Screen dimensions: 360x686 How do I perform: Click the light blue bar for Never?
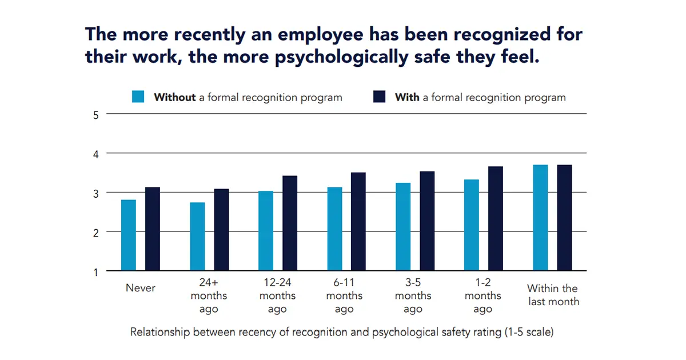[129, 235]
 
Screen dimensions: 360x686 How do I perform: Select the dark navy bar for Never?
[153, 229]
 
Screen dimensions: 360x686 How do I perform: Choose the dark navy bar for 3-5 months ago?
[427, 221]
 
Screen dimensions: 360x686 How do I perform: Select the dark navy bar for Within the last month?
[564, 217]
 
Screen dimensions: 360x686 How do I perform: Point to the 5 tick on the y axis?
[95, 114]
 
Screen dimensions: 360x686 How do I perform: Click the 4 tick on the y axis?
[95, 154]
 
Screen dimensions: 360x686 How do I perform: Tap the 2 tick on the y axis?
[95, 233]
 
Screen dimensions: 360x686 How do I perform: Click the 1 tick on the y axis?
[95, 271]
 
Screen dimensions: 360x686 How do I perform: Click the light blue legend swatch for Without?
[138, 97]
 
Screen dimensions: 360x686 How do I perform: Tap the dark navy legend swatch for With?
[379, 97]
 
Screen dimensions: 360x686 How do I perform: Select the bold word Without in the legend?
[174, 97]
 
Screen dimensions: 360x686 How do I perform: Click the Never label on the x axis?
[140, 288]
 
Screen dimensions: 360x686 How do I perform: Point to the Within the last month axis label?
[553, 295]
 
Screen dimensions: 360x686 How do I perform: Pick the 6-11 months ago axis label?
[344, 295]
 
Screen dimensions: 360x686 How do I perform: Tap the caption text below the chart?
[341, 332]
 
